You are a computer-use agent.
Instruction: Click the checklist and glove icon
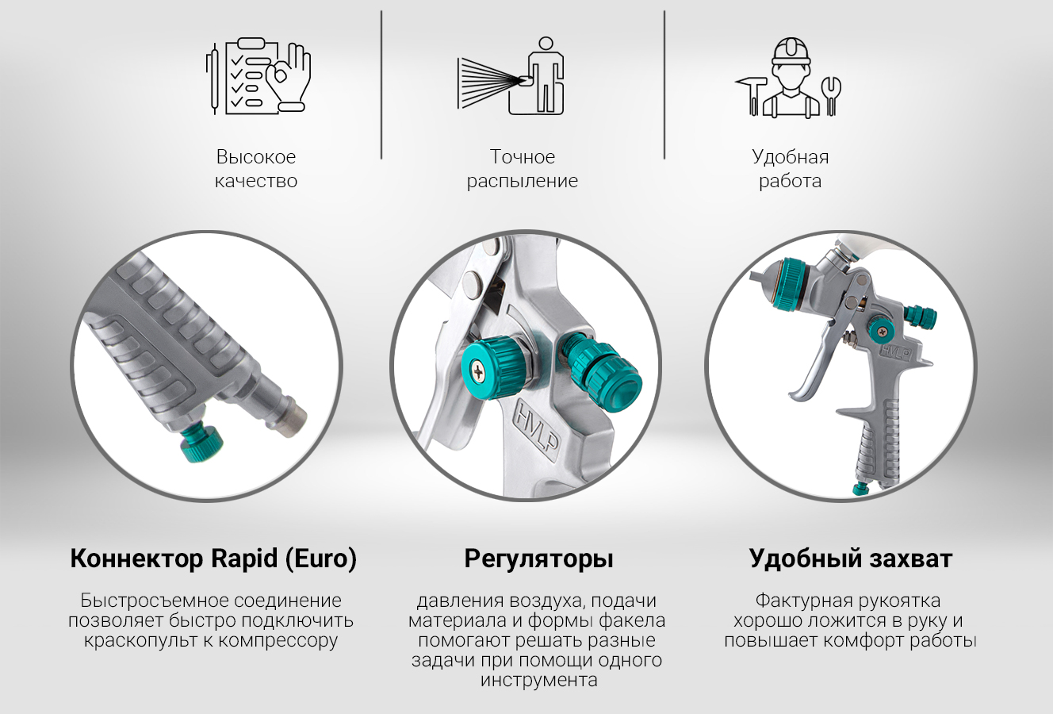point(258,75)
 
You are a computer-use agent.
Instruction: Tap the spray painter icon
point(511,75)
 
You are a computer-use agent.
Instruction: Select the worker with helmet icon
point(788,77)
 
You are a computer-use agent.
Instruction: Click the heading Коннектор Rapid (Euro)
point(213,559)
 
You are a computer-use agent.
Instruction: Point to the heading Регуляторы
point(538,559)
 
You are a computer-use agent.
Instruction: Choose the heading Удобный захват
point(851,559)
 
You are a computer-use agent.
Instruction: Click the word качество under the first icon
point(256,181)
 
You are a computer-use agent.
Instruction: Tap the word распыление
point(523,182)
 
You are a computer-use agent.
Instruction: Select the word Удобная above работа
point(791,157)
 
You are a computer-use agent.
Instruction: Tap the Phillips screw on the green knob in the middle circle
point(479,374)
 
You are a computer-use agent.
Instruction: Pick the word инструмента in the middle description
point(538,681)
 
